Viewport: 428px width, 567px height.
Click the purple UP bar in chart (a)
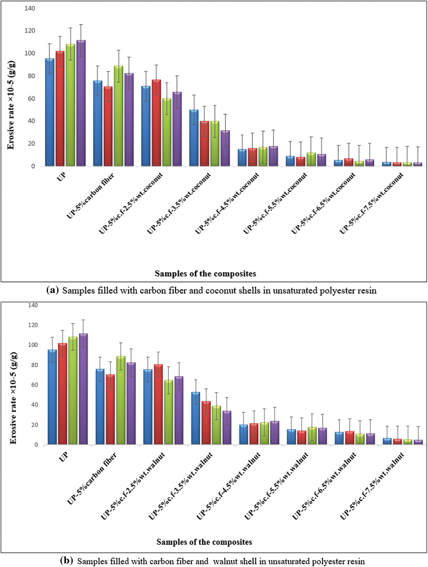(x=81, y=103)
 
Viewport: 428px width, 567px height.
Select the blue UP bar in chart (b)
(x=52, y=397)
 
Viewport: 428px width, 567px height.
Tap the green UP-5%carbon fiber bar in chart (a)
(x=118, y=116)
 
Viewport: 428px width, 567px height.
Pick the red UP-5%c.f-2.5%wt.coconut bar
(x=156, y=123)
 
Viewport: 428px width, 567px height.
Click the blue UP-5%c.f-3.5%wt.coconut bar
(x=194, y=138)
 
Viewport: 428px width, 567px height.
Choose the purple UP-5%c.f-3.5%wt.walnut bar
(x=227, y=427)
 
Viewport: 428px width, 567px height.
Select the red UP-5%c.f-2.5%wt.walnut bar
(x=158, y=404)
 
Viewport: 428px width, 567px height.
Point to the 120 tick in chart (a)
(x=30, y=31)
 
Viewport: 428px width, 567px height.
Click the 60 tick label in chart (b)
(x=33, y=385)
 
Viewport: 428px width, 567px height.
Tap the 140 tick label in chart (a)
(x=30, y=9)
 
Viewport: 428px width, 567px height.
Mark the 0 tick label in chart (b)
(x=36, y=445)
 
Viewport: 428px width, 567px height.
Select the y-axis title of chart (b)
(x=13, y=398)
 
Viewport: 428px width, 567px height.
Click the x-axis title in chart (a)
(x=205, y=274)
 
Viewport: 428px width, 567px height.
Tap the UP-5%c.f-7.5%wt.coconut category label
(x=372, y=203)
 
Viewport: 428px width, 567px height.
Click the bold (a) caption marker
(x=53, y=290)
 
